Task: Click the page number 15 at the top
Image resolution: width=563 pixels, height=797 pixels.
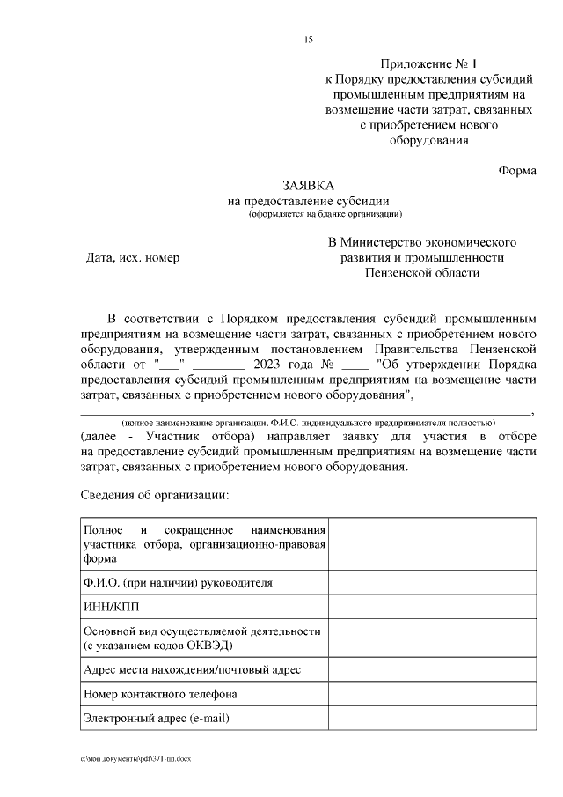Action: click(x=308, y=40)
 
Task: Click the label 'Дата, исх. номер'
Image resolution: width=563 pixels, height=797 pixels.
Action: click(x=132, y=258)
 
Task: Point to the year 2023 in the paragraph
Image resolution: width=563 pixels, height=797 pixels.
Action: click(x=269, y=364)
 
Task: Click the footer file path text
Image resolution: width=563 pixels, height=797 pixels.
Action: click(x=135, y=757)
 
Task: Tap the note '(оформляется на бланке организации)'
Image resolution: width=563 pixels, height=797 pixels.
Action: click(x=325, y=214)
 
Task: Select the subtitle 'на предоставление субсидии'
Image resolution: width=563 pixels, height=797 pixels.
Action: click(x=307, y=201)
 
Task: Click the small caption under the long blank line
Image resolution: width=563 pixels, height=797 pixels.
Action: click(x=308, y=423)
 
